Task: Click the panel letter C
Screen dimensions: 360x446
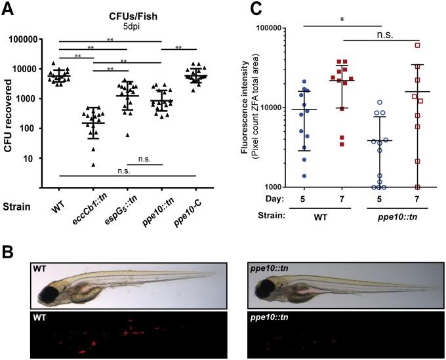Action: click(x=239, y=9)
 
